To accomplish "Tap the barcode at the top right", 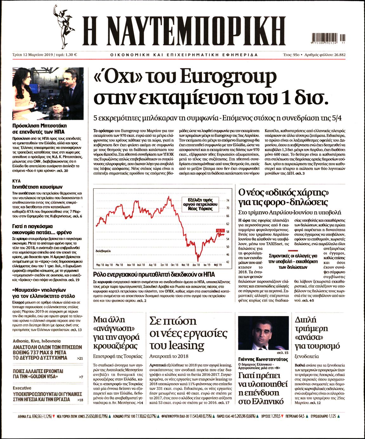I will pos(328,38).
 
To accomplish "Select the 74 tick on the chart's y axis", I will pos(228,200).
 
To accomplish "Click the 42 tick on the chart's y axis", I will pos(228,262).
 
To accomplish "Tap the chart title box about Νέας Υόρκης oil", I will pos(200,204).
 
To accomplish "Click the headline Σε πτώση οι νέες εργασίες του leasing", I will pos(188,333).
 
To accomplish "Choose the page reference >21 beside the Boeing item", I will pos(80,358).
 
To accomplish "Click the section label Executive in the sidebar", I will pos(22,388).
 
